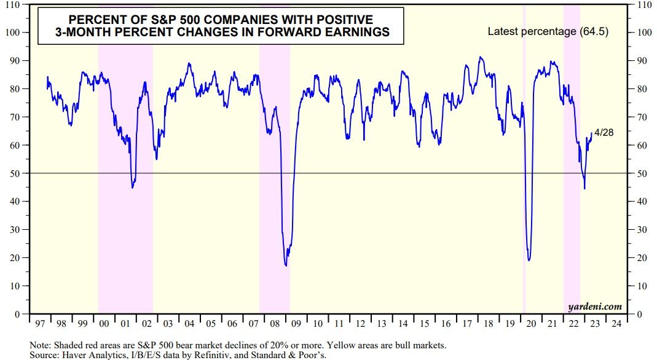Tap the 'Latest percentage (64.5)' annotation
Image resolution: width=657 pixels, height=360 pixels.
(x=548, y=31)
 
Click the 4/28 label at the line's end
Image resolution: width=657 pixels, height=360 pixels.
(x=604, y=133)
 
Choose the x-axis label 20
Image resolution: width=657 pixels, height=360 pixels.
(x=529, y=323)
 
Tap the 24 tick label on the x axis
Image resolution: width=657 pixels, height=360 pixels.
(x=615, y=323)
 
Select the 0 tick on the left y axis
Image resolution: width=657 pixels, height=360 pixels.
(x=21, y=314)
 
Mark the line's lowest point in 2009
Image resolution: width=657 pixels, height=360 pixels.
(x=286, y=265)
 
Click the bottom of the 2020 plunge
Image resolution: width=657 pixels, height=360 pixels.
(x=529, y=260)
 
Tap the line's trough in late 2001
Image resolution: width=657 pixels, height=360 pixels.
(x=133, y=187)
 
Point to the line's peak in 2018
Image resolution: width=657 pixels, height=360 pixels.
(x=481, y=57)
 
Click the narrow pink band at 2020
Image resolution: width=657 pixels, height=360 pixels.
(x=524, y=184)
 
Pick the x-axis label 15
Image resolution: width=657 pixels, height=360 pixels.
(x=423, y=323)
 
